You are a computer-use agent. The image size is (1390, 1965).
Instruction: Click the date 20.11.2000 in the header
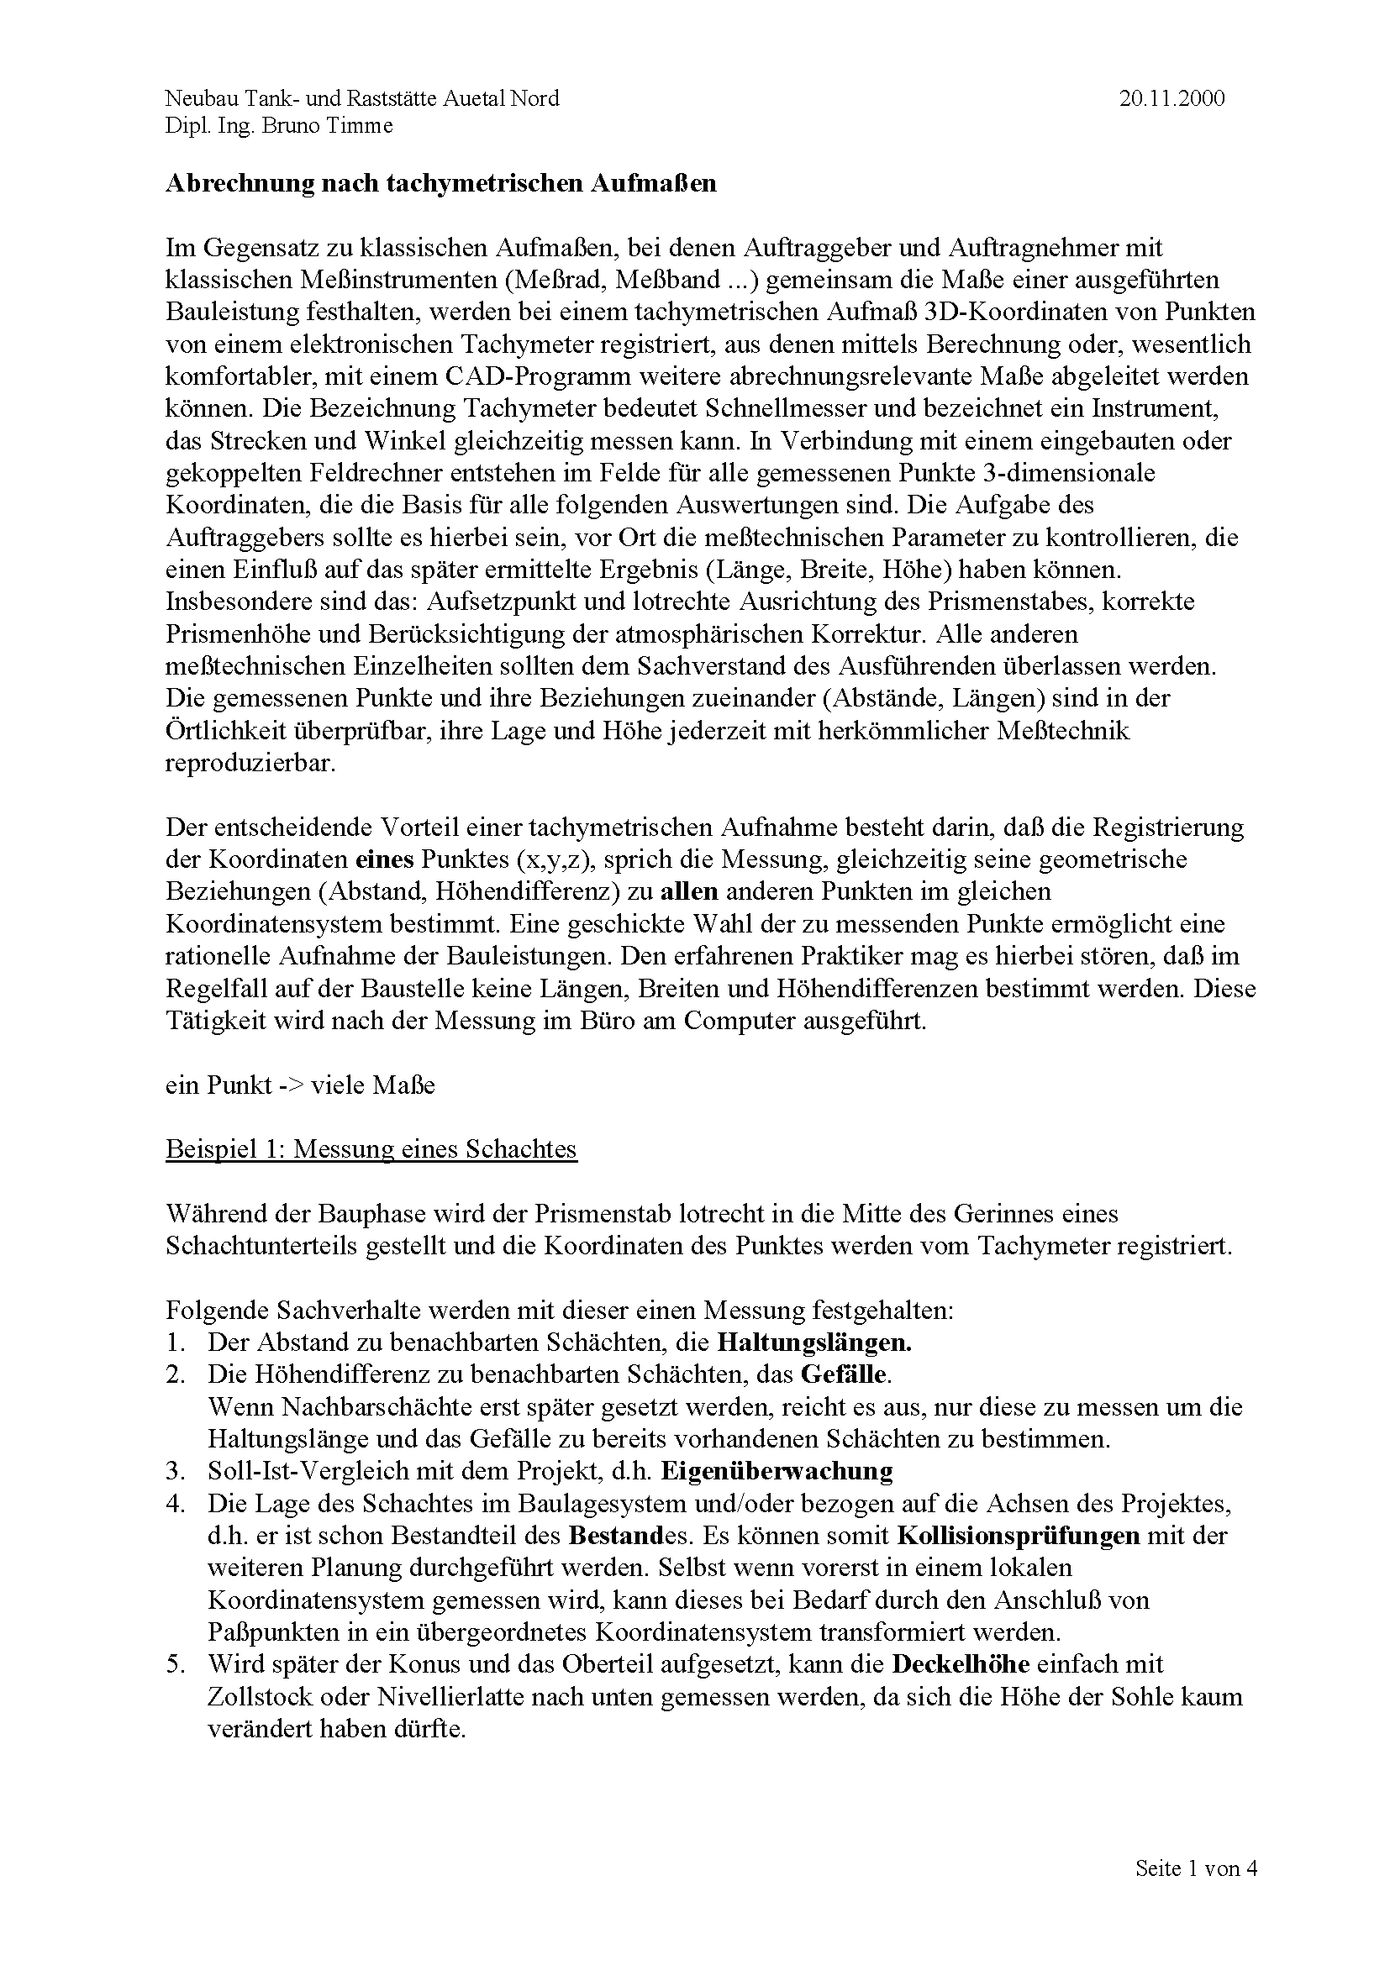tap(1171, 98)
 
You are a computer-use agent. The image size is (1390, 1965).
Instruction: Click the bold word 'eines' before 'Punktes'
tap(385, 859)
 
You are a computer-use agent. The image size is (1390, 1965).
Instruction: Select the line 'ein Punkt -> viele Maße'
tap(299, 1085)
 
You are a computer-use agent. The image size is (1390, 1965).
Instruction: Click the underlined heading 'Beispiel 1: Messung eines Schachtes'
tap(371, 1149)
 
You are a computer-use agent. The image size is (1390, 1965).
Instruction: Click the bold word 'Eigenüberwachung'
tap(778, 1472)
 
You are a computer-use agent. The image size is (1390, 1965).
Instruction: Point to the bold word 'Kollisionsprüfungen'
tap(1019, 1537)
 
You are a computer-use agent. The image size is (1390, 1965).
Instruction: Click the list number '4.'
tap(176, 1504)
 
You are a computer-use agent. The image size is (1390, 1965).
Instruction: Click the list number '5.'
tap(176, 1664)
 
